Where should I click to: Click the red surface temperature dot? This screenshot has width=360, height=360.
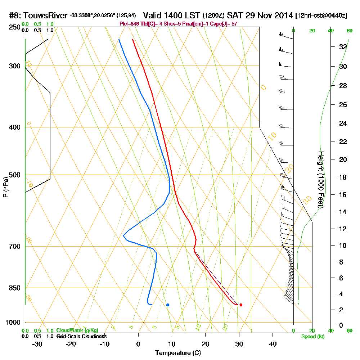click(241, 305)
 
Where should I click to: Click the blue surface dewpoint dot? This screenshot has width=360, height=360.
click(168, 305)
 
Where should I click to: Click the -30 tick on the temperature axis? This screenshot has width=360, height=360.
click(37, 344)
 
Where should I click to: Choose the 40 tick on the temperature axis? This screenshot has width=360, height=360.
click(273, 344)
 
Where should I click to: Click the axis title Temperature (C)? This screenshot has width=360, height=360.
click(178, 353)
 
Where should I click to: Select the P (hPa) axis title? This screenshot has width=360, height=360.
click(5, 187)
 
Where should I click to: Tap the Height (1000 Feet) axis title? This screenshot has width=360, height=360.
click(321, 180)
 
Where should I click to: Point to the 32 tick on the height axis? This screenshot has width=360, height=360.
click(343, 47)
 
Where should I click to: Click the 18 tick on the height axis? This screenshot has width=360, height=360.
click(343, 177)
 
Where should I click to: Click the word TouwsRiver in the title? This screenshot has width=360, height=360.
click(45, 16)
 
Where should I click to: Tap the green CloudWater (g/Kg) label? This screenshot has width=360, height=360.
click(77, 330)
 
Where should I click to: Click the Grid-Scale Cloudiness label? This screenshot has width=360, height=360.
click(81, 336)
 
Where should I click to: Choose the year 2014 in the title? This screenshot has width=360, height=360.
click(282, 15)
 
